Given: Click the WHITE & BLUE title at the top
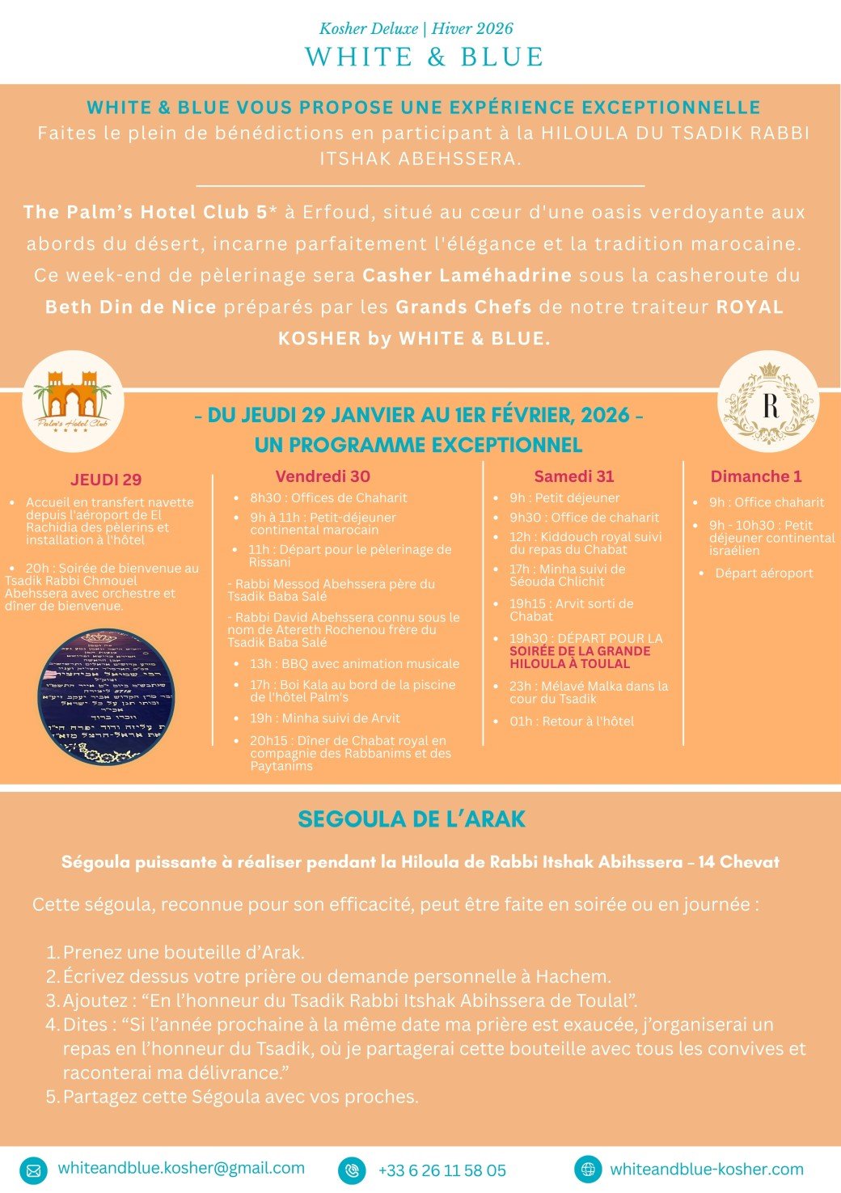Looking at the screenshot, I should (424, 57).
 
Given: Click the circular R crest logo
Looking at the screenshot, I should (768, 402).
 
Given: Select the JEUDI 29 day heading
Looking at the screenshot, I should (106, 480).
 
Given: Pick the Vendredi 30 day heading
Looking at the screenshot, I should (323, 476).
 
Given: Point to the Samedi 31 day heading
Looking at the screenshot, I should (573, 476).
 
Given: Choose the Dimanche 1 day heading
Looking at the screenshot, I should (755, 476).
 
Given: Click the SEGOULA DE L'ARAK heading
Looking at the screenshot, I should (412, 819).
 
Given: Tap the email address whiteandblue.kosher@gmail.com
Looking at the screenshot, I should (181, 1168).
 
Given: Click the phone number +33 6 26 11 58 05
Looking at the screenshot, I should (442, 1170).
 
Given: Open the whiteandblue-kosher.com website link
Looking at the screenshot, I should (706, 1169).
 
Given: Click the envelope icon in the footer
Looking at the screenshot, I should (33, 1170).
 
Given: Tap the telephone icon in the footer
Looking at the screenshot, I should (352, 1170).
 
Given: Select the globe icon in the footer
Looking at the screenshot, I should (588, 1169).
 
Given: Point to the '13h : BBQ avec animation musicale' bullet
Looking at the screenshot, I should (353, 664).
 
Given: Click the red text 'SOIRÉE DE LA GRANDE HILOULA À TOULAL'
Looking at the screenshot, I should (580, 658).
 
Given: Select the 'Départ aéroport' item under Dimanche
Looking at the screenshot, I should (763, 573).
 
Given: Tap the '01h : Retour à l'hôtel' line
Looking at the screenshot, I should (571, 721).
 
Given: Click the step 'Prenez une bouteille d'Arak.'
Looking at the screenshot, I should (184, 953).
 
